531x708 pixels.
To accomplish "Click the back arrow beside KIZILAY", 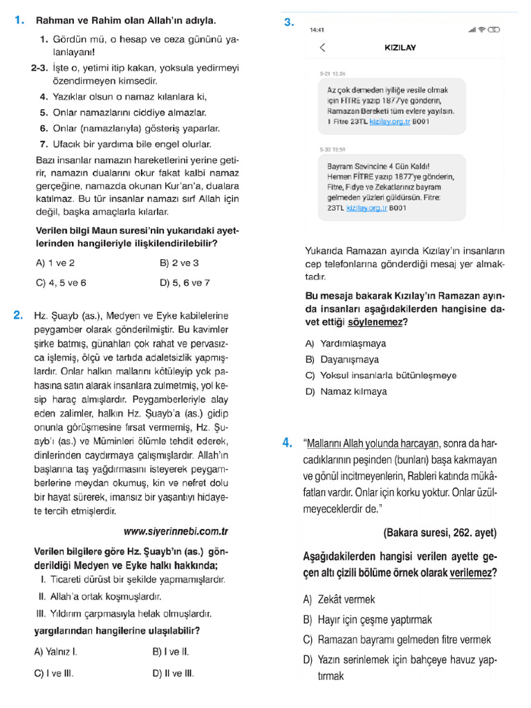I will [x=322, y=48].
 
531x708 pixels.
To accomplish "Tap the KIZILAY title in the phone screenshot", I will [x=400, y=48].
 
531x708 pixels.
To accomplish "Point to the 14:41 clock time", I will [x=317, y=30].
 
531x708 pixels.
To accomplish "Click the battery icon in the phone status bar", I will [x=494, y=30].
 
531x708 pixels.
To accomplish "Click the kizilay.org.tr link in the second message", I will [x=366, y=207].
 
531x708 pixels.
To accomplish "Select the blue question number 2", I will [x=19, y=316].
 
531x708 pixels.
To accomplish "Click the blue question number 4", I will [x=288, y=443].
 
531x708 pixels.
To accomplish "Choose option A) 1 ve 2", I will [x=55, y=263].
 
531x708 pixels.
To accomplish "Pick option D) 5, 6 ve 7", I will [x=185, y=282].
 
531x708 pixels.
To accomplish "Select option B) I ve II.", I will [x=170, y=651].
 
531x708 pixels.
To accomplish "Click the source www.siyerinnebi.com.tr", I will [x=176, y=532].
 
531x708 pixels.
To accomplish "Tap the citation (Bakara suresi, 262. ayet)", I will [x=439, y=532].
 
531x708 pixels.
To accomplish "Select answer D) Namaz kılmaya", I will [x=346, y=391].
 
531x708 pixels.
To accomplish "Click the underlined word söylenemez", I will [x=377, y=322].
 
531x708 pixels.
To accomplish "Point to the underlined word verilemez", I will [x=472, y=572].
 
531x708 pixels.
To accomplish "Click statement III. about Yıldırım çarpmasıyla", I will [x=123, y=613].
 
